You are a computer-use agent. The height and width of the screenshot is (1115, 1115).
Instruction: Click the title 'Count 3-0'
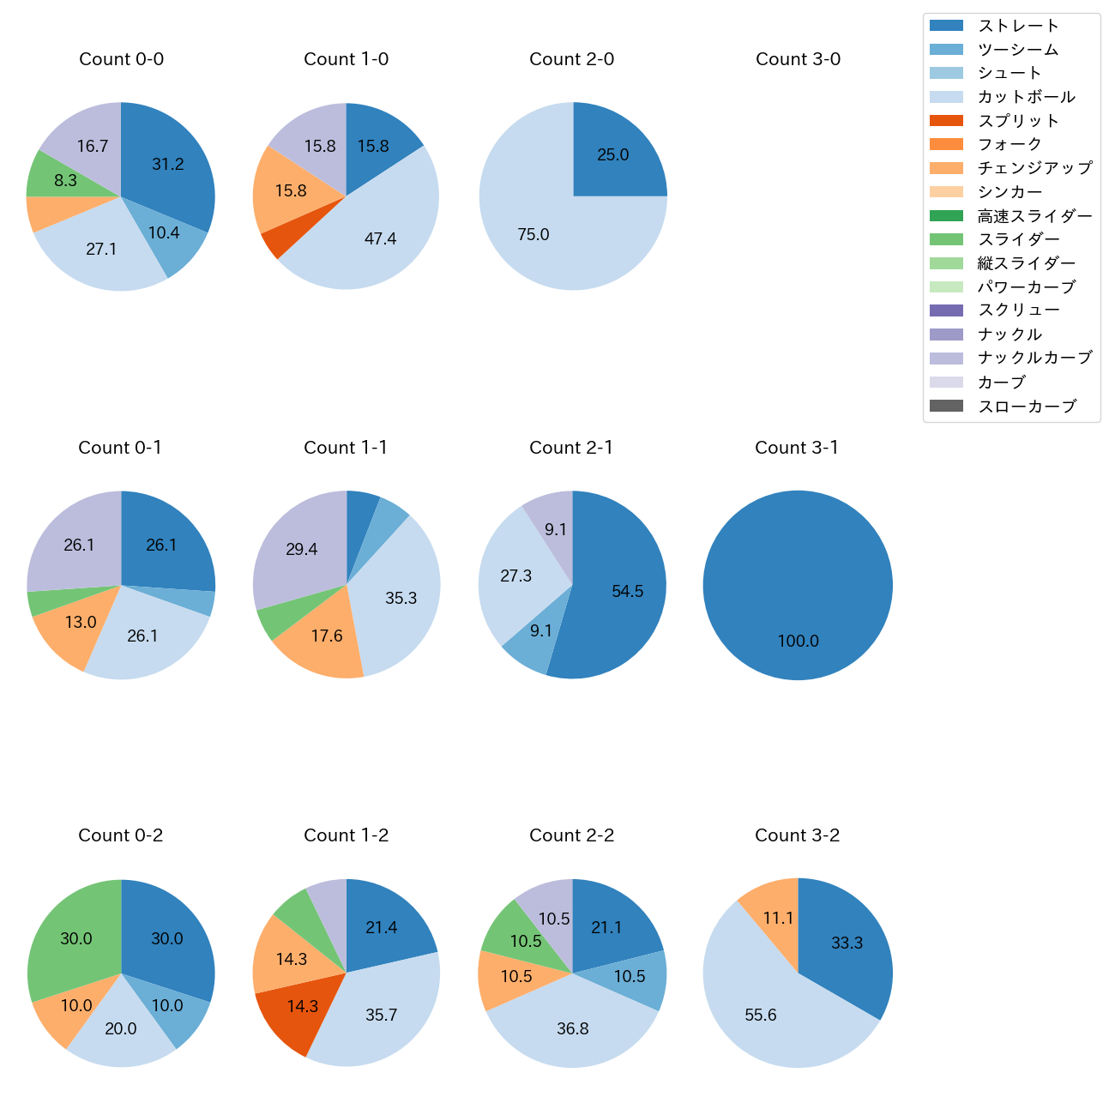click(798, 59)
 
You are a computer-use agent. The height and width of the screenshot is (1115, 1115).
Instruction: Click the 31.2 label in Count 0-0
click(168, 164)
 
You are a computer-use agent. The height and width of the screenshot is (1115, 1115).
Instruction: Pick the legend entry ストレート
click(1018, 26)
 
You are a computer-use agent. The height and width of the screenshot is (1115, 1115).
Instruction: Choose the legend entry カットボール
click(1026, 97)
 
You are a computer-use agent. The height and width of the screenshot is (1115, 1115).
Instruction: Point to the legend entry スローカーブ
click(1027, 407)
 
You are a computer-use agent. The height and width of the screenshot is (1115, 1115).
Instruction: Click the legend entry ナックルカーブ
click(1034, 358)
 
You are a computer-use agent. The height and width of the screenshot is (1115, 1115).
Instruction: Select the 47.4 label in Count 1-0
click(380, 238)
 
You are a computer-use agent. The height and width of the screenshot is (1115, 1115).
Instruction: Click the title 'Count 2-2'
click(572, 835)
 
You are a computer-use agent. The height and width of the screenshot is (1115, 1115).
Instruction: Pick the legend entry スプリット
click(1018, 121)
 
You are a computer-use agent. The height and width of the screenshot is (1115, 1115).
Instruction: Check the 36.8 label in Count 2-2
click(572, 1028)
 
